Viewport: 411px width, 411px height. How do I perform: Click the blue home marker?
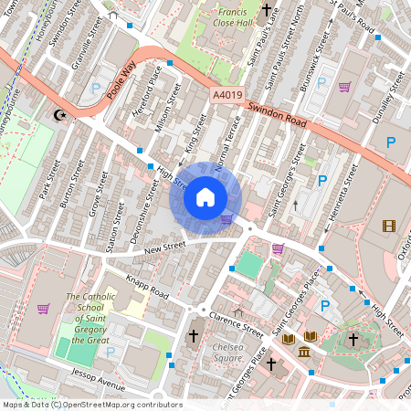(205, 196)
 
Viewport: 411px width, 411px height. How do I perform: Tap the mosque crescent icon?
(61, 115)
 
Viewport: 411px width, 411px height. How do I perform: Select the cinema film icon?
(390, 226)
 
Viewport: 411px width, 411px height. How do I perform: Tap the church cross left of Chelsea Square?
(193, 337)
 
